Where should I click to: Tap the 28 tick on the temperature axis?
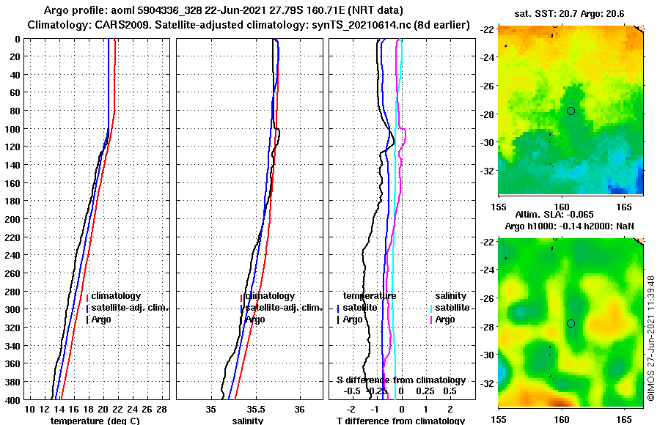(x=162, y=409)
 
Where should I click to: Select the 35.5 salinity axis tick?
(x=255, y=409)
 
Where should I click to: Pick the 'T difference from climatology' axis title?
(x=400, y=421)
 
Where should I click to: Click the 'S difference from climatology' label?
(x=400, y=380)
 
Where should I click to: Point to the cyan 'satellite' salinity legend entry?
(x=451, y=308)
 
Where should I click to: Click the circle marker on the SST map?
(x=571, y=111)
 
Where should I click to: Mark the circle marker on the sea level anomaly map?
(x=571, y=323)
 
